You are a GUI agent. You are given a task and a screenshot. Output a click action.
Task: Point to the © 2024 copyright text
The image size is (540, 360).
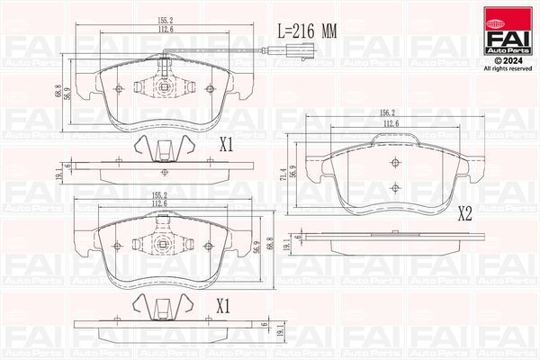507,59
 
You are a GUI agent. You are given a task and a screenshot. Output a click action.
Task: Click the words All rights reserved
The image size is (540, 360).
507,68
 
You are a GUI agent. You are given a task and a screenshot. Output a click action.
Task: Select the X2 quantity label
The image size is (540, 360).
465,214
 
